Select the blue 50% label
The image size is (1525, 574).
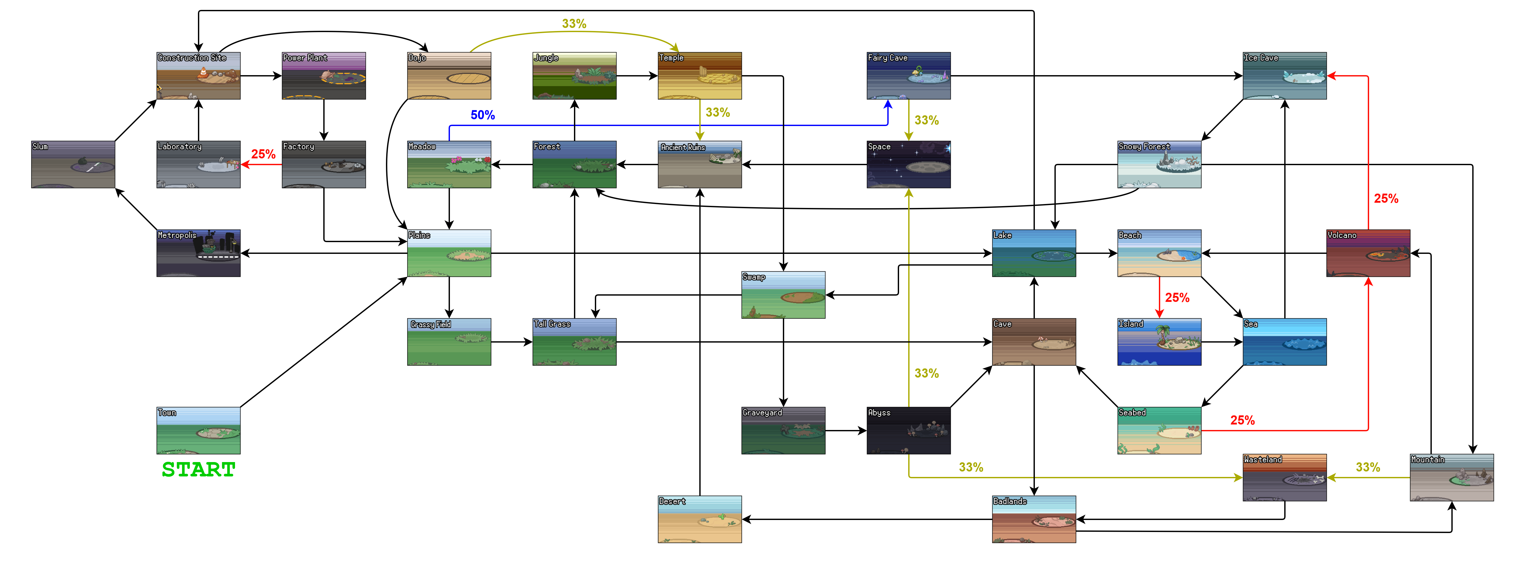point(483,115)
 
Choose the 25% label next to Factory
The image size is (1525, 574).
point(263,154)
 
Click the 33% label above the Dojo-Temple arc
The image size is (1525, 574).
point(574,24)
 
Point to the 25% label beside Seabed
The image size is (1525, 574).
point(1242,420)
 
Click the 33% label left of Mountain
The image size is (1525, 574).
point(1368,467)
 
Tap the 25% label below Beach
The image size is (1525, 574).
point(1177,298)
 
